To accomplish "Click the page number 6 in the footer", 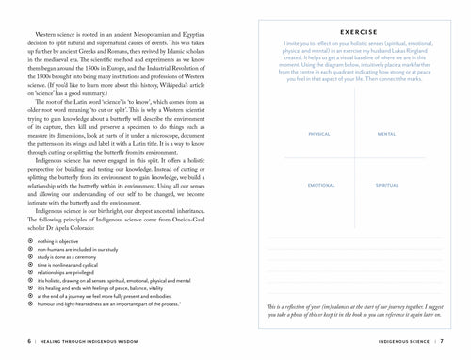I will click(7, 338).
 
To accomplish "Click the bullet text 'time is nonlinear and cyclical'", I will click(67, 266).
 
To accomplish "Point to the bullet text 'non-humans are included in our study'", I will click(75, 251).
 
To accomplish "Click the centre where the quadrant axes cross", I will click(354, 161).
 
